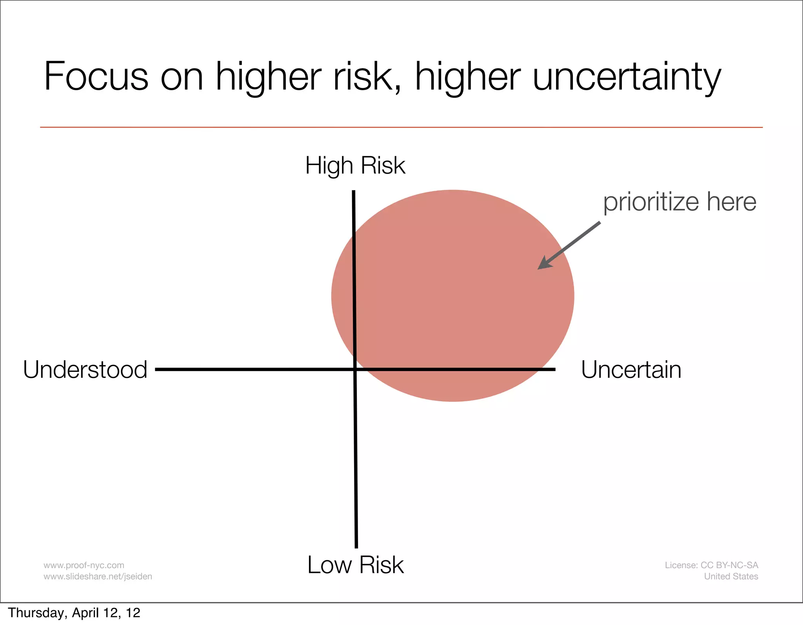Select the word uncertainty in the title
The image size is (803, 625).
click(x=627, y=77)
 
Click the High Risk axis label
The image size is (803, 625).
click(x=355, y=166)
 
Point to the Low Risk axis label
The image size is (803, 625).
click(x=355, y=565)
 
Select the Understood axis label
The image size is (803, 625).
click(x=85, y=370)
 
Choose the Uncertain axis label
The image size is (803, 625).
click(x=631, y=370)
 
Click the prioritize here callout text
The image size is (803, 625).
click(x=679, y=202)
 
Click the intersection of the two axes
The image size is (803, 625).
click(x=355, y=369)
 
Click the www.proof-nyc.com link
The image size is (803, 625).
click(x=84, y=565)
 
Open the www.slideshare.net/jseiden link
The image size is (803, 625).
click(x=98, y=576)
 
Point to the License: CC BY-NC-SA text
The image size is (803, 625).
click(x=711, y=565)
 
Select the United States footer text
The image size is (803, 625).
click(x=731, y=576)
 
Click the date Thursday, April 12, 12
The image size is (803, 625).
click(x=74, y=613)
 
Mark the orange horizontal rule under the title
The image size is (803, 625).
click(x=401, y=127)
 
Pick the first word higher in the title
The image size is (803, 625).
click(x=269, y=77)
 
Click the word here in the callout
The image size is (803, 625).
click(x=731, y=202)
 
